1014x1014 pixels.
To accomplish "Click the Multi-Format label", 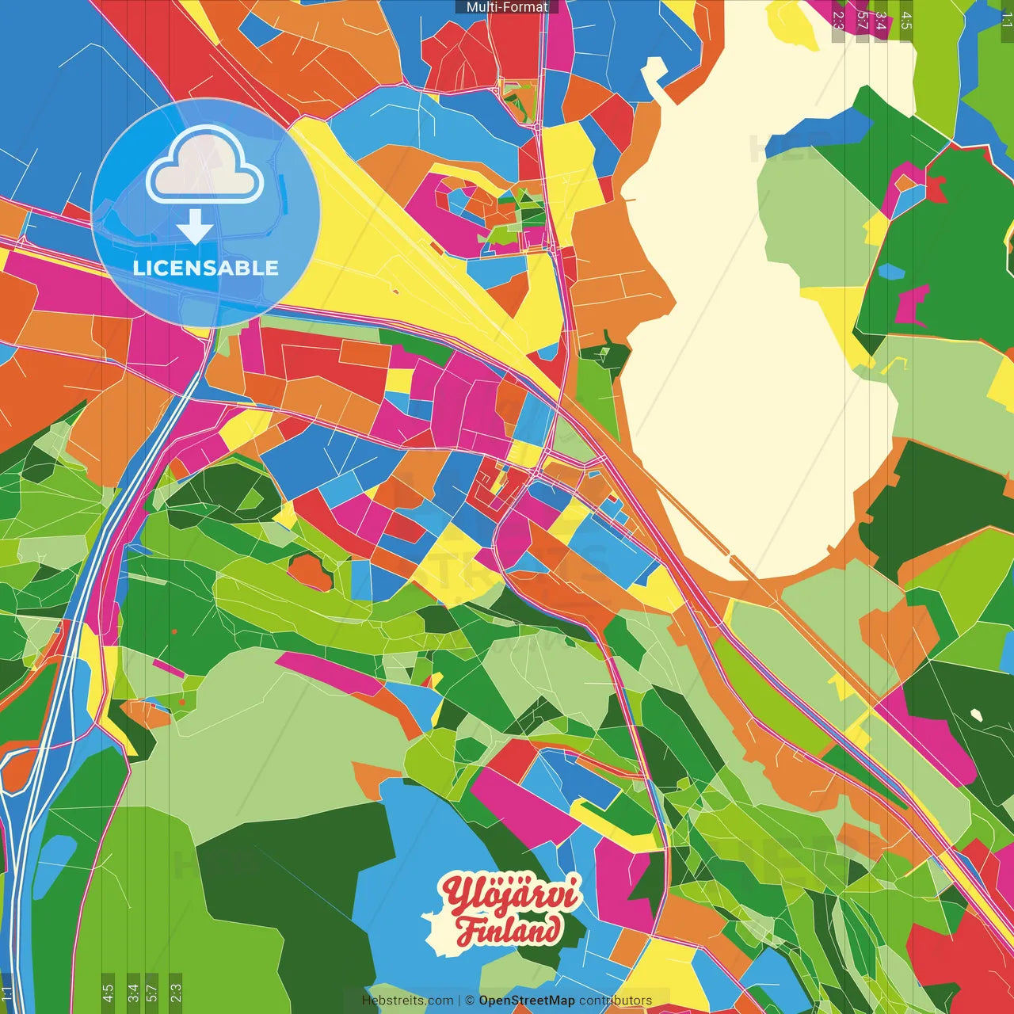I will [507, 7].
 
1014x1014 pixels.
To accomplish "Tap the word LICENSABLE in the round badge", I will [205, 268].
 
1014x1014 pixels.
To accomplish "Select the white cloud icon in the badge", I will [205, 164].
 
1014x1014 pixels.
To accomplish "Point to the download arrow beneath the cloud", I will [195, 227].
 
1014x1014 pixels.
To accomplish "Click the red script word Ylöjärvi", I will [511, 894].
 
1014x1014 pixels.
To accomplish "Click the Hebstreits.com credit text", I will [407, 1001].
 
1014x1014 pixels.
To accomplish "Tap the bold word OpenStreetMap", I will [526, 1001].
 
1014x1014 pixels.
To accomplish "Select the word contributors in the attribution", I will [616, 1001].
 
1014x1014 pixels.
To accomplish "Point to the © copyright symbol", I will [470, 1001].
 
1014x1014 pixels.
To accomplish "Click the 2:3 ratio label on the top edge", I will [838, 20].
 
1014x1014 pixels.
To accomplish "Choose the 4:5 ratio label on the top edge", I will [905, 20].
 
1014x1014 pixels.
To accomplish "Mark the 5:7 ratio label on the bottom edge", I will [152, 992].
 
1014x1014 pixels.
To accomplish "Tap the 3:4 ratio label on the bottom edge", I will [133, 992].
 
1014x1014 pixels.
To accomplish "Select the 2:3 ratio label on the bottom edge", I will [176, 992].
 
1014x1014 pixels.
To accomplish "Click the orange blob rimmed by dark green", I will [309, 572].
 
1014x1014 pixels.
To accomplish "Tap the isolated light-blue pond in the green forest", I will [892, 272].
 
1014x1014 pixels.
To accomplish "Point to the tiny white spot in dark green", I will [976, 715].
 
